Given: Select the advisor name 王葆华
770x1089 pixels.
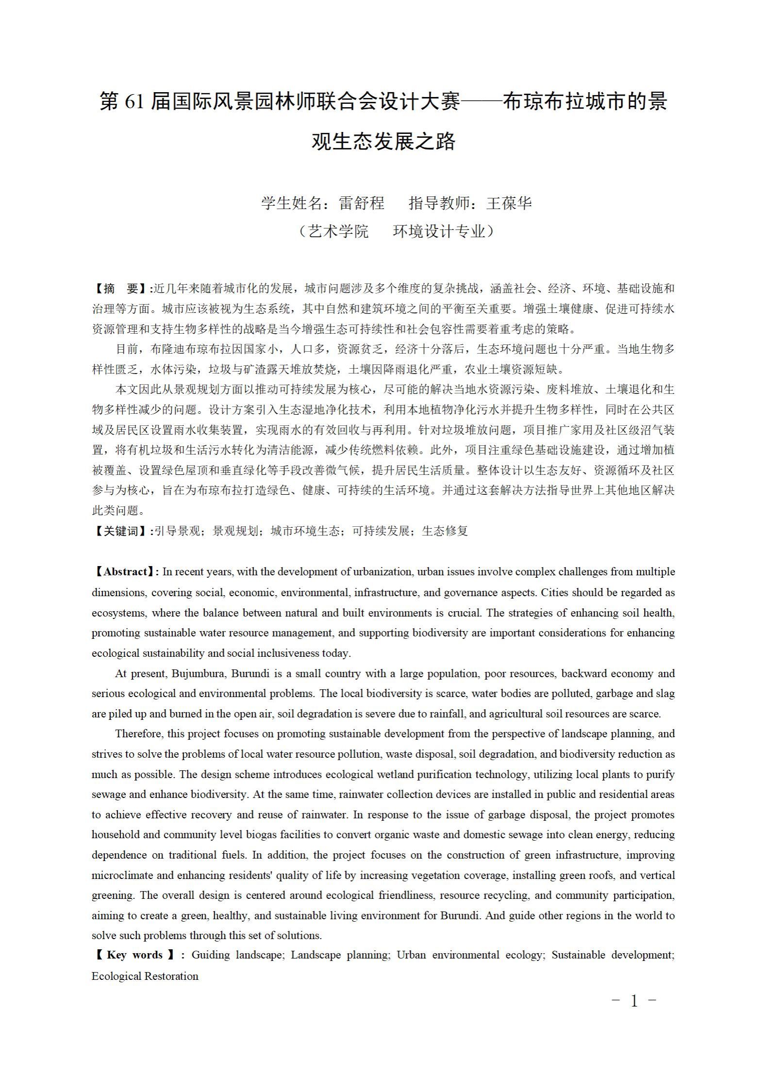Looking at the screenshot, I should coord(509,203).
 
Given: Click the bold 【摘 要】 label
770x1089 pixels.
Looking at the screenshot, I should coord(121,289).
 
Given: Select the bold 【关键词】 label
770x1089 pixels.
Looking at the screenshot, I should coord(121,531).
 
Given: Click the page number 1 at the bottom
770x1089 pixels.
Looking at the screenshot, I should coord(634,1000).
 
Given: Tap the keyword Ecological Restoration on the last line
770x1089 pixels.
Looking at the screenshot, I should coord(145,976).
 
